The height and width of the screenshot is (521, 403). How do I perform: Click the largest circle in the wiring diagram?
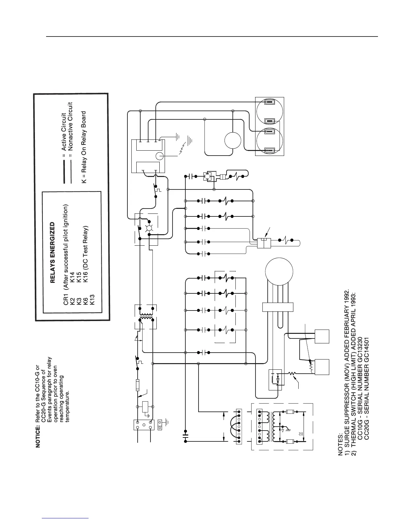[279, 272]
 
